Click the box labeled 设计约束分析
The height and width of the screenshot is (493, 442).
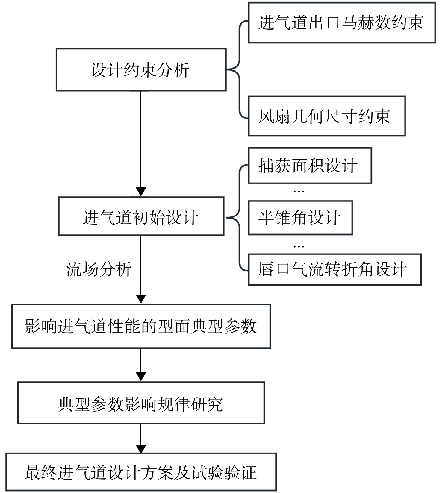141,70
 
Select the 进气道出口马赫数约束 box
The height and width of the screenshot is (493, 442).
342,23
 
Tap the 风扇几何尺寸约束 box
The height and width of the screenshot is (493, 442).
327,116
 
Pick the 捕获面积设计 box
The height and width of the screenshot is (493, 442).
310,166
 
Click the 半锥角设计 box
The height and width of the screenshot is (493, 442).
300,218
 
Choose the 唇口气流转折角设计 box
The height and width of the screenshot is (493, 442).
335,269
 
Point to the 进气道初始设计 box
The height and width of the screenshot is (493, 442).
141,216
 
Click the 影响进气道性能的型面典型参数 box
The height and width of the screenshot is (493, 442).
141,326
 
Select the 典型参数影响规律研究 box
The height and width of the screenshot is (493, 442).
141,403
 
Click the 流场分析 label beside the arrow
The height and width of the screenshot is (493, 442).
99,269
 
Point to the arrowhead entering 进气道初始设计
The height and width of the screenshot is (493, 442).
141,192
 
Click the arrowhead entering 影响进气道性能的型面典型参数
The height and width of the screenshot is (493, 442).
141,299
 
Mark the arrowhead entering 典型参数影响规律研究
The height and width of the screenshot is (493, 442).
141,377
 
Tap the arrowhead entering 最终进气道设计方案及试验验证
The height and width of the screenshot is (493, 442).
141,448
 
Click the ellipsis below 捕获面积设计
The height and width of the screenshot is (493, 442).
299,191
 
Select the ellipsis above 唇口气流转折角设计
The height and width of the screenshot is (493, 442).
299,246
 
